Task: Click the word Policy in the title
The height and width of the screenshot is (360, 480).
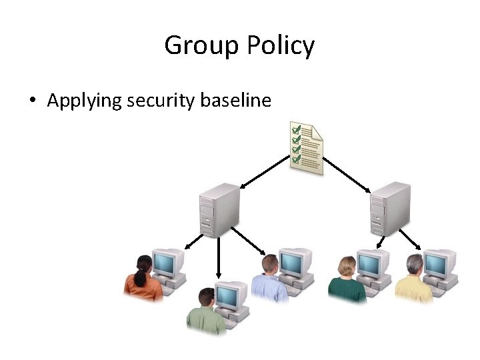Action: [x=280, y=47]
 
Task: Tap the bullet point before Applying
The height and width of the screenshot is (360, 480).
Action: [x=32, y=102]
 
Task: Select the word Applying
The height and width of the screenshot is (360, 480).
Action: [x=85, y=101]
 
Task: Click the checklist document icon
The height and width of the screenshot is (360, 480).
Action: [x=306, y=147]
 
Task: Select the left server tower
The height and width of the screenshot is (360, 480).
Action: [x=219, y=209]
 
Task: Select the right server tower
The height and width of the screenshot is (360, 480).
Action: [x=391, y=207]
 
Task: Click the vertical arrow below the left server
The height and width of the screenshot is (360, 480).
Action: [x=218, y=257]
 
